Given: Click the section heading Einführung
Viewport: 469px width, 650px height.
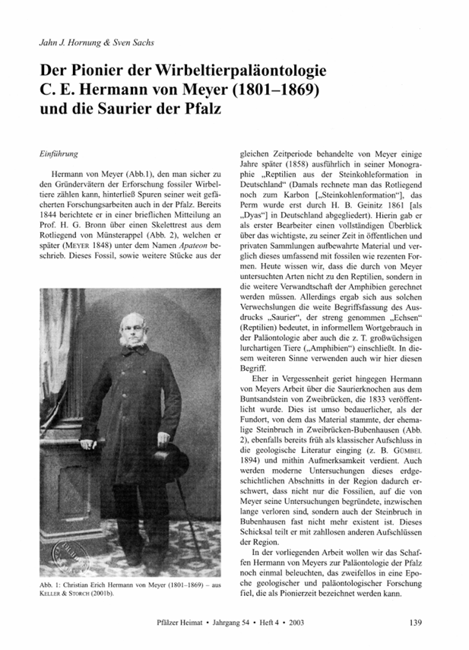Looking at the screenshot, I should [59, 154].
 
